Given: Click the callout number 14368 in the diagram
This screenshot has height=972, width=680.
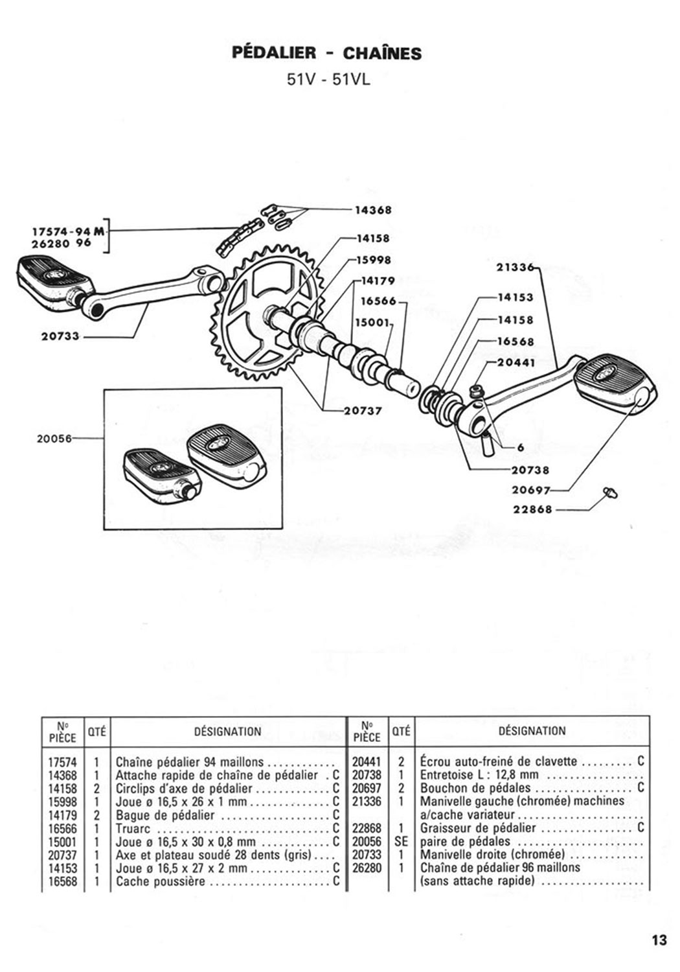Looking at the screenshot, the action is click(373, 211).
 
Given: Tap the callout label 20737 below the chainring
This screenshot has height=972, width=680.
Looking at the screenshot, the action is click(363, 410).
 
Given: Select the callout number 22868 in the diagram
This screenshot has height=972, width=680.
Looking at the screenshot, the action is click(533, 509).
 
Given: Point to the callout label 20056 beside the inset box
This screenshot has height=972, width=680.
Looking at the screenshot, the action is click(54, 439).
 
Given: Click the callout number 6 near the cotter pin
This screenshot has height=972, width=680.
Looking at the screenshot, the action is click(521, 447).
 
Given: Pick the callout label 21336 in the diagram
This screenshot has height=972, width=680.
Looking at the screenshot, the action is click(516, 267).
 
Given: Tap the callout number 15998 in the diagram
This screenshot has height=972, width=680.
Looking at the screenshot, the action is click(374, 260).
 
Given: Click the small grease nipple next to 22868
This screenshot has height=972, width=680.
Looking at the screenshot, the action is click(611, 493).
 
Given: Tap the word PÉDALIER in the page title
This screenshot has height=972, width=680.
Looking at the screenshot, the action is click(274, 53).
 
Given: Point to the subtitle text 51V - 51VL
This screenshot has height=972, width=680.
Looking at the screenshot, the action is click(328, 80).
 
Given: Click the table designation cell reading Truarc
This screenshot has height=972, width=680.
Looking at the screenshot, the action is click(133, 828).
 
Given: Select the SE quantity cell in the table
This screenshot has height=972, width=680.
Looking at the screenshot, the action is click(401, 841).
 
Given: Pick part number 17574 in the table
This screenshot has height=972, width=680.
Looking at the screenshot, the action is click(62, 763).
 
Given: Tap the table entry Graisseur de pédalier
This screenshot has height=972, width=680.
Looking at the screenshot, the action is click(478, 828).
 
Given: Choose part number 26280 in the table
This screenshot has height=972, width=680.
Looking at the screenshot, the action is click(367, 868).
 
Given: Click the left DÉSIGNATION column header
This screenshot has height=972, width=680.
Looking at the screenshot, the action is click(228, 732).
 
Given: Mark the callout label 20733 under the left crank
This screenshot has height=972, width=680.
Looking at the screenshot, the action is click(60, 336).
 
